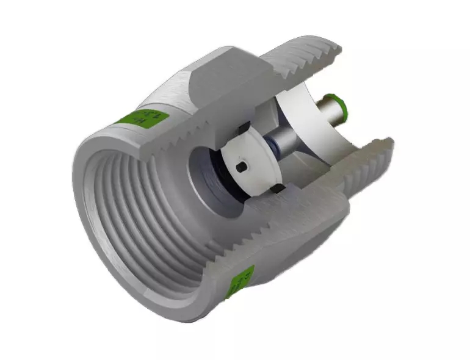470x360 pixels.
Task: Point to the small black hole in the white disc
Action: pyautogui.click(x=243, y=166)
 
